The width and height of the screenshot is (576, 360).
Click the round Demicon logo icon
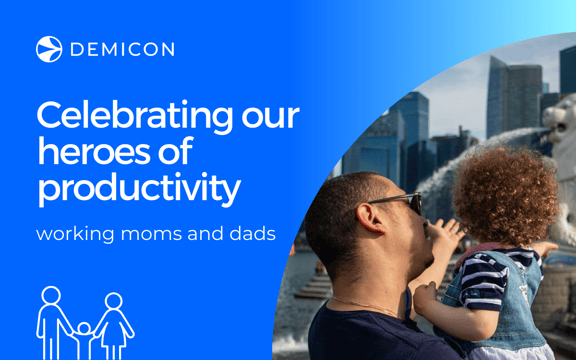(49, 49)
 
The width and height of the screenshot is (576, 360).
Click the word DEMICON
(121, 49)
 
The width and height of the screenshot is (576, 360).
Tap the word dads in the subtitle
(251, 235)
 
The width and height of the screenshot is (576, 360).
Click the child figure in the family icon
(82, 335)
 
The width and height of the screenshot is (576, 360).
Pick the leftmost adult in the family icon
(51, 318)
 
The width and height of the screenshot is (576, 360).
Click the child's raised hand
(447, 236)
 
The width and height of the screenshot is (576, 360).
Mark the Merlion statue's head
(560, 125)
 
